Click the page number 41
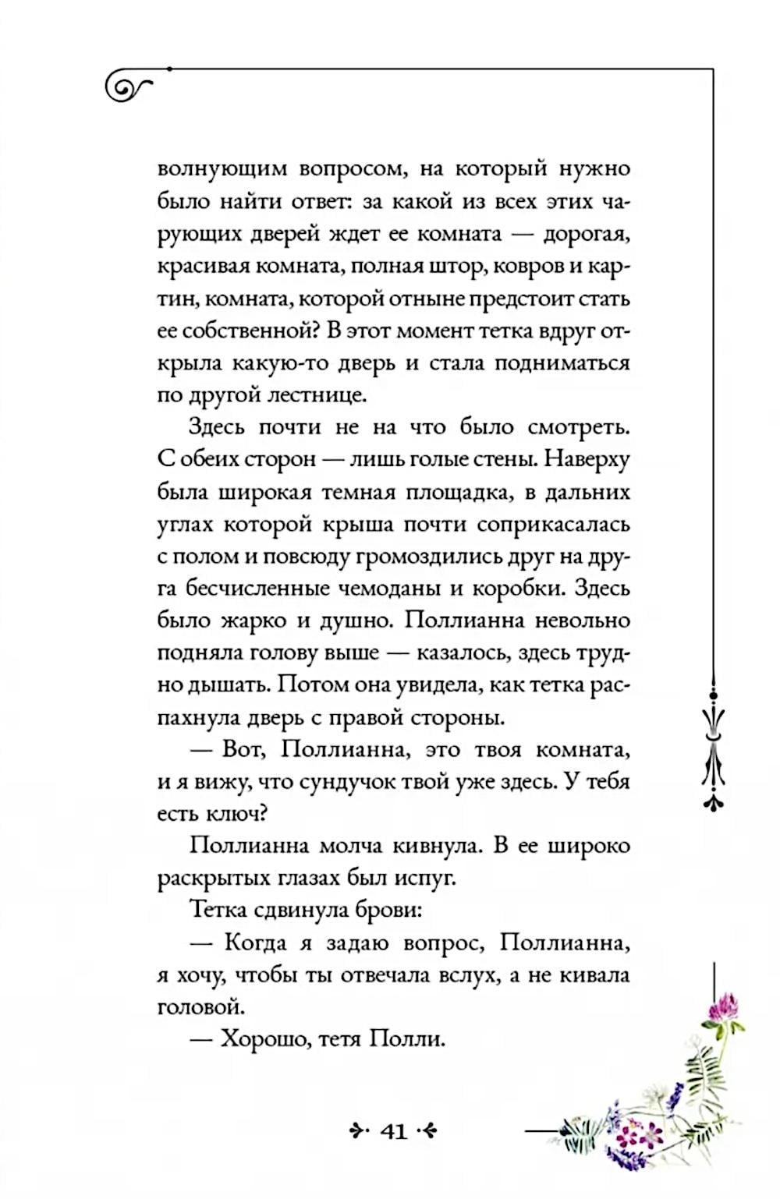coord(394,1131)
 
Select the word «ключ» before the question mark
coord(231,815)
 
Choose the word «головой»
coord(200,1007)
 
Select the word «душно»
coord(353,621)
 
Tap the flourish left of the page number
coord(357,1131)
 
